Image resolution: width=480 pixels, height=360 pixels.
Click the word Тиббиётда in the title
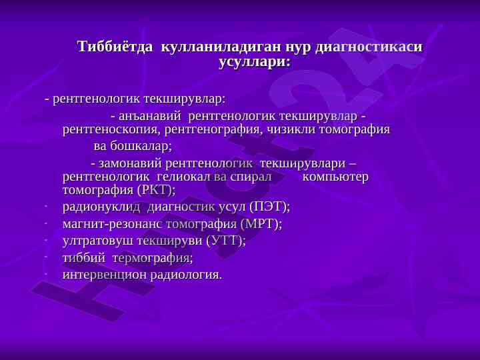[x=115, y=47]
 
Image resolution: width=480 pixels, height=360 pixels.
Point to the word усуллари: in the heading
[x=254, y=63]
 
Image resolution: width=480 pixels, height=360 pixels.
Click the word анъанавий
[x=150, y=116]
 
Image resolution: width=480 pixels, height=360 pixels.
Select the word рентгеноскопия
[x=112, y=130]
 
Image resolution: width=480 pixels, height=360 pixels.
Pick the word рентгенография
[x=214, y=130]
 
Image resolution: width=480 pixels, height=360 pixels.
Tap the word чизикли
[x=291, y=129]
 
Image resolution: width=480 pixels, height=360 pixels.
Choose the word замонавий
[x=130, y=163]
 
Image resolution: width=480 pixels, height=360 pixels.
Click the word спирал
[x=251, y=177]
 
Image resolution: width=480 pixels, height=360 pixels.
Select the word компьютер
[x=335, y=177]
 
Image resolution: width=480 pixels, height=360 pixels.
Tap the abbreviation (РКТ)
[x=157, y=191]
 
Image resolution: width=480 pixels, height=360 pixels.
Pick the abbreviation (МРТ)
[x=261, y=224]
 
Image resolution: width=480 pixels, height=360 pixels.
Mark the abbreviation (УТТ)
[x=226, y=241]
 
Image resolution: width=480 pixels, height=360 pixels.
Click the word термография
[x=153, y=258]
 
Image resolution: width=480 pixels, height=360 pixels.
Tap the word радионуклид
[x=101, y=207]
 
